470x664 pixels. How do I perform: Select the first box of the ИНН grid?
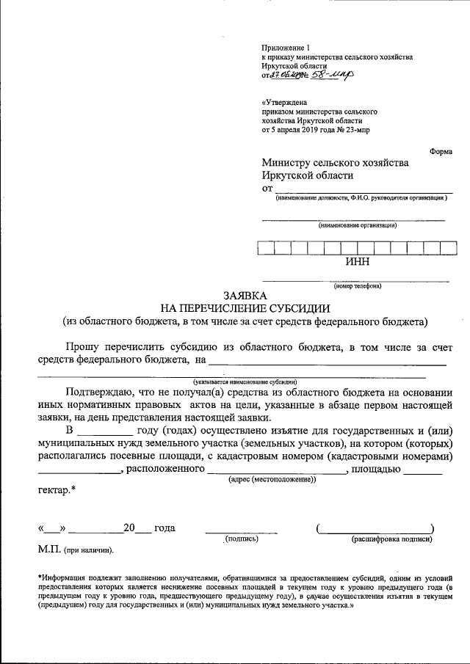pyautogui.click(x=266, y=247)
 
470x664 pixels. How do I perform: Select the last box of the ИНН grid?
pyautogui.click(x=447, y=247)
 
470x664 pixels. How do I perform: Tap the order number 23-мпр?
pyautogui.click(x=354, y=129)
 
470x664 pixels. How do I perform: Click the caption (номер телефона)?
pyautogui.click(x=356, y=286)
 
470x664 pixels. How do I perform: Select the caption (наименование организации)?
pyautogui.click(x=357, y=225)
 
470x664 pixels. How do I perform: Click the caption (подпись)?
pyautogui.click(x=242, y=539)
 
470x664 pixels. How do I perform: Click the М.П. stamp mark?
pyautogui.click(x=48, y=549)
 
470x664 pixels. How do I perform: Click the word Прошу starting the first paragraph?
pyautogui.click(x=80, y=345)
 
